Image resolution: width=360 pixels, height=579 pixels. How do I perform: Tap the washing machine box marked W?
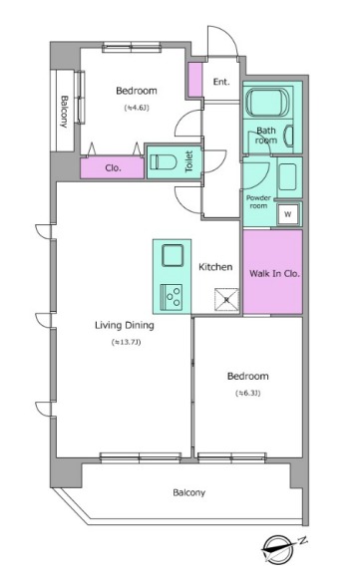288,214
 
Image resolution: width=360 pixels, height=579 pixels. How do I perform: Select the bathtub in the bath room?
268,102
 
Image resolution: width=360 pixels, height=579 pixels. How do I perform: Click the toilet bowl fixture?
162,162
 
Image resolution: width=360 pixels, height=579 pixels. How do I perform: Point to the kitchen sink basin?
173,255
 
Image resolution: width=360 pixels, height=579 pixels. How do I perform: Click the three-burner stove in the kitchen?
172,297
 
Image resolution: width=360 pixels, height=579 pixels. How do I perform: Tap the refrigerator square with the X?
226,300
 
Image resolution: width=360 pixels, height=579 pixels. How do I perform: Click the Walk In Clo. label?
274,274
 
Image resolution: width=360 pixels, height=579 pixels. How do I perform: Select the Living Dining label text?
125,325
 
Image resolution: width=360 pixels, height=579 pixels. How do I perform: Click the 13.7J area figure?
126,342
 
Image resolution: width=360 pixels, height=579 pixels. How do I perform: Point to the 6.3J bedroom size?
248,394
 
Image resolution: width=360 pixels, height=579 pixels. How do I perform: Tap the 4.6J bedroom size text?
137,108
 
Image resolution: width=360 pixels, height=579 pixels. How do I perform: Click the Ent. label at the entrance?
221,82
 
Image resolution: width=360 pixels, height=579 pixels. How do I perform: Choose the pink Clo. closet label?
113,168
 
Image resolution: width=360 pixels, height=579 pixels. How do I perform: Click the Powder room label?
258,202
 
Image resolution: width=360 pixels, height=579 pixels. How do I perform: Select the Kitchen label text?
215,267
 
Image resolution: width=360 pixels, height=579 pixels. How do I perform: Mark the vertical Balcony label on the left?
65,112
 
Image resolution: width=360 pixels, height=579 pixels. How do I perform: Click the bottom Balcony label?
188,492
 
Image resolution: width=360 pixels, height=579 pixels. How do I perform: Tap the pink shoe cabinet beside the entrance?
195,80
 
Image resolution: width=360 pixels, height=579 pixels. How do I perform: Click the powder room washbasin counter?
289,177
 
